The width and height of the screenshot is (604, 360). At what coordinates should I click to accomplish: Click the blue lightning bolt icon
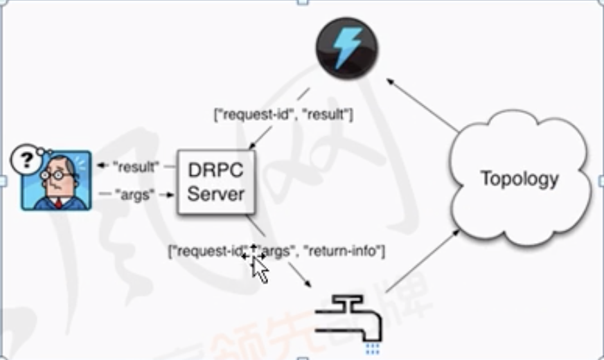tap(346, 48)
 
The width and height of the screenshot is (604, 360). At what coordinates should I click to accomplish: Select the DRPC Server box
tap(216, 181)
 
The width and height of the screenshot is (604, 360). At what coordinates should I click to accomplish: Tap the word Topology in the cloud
tap(519, 179)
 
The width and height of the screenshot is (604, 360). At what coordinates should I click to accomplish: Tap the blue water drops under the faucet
tap(372, 345)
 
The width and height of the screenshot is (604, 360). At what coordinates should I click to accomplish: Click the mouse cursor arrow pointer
tap(260, 269)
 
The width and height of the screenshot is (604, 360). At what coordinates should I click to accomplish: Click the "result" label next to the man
tap(136, 167)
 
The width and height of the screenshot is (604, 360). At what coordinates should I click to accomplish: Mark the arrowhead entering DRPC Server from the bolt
tap(252, 145)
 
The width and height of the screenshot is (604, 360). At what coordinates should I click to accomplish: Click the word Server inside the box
tap(216, 194)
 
